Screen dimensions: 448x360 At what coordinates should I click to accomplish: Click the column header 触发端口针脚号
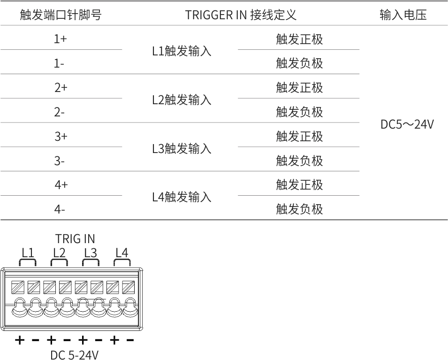tap(61, 15)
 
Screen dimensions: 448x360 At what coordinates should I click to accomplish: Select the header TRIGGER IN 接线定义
tap(241, 15)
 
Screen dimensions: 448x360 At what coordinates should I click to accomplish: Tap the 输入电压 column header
tap(403, 15)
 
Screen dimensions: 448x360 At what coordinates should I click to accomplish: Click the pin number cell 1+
tap(61, 38)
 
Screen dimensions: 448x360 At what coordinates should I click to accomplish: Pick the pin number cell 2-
tap(60, 112)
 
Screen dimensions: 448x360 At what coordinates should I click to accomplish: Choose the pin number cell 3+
tap(61, 137)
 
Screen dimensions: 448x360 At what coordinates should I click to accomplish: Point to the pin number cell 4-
tap(60, 210)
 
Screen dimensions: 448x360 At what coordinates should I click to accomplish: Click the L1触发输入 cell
tap(182, 51)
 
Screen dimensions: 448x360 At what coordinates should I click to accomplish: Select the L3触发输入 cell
tap(182, 149)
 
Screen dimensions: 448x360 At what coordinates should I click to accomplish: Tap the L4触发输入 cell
tap(182, 197)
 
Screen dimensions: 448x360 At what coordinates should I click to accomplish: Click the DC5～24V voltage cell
tap(407, 124)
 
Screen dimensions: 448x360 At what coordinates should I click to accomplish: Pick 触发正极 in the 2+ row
tap(299, 87)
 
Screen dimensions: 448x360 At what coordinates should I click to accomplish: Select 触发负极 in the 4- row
tap(299, 209)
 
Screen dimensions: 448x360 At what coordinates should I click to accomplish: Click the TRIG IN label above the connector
tap(75, 239)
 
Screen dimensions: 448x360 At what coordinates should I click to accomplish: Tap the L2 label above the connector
tap(59, 253)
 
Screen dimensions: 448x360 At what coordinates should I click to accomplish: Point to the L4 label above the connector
tap(121, 253)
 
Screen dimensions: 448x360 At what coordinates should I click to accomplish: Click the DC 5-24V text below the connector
tap(74, 354)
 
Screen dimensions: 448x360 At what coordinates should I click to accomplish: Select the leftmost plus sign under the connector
tap(20, 340)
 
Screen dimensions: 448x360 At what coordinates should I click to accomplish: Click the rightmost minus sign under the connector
tap(130, 340)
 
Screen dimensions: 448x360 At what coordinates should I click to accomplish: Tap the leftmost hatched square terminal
tap(18, 287)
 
